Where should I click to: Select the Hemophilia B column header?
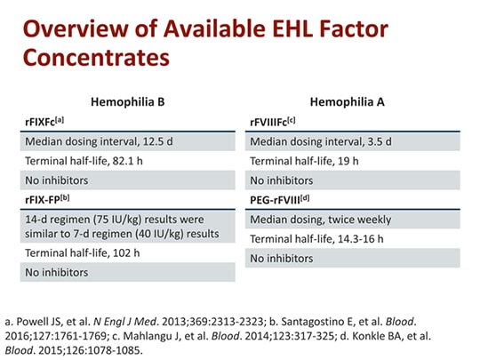[129, 103]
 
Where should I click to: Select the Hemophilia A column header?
[354, 103]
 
